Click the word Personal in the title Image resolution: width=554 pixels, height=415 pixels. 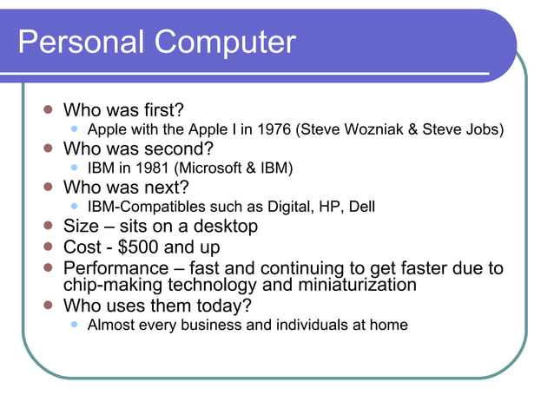(73, 42)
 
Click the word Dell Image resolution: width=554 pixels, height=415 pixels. (359, 207)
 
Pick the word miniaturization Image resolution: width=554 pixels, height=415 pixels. (343, 285)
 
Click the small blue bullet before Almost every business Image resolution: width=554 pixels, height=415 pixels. (76, 326)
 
